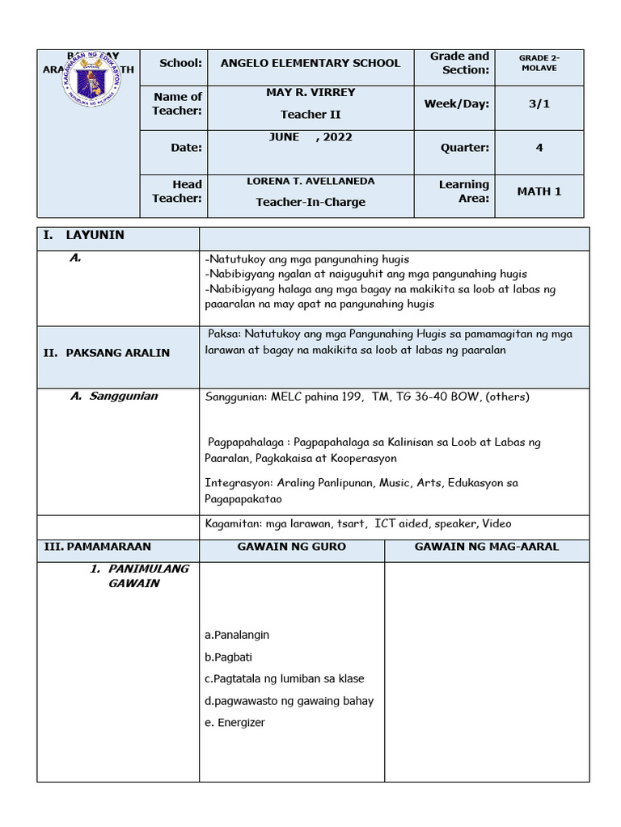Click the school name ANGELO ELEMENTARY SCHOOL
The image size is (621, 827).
tap(310, 63)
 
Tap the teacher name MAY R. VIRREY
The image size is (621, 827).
tap(310, 93)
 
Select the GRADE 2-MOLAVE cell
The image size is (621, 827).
tap(539, 63)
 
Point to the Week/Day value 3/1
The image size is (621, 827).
tap(539, 104)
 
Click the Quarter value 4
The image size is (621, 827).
tap(539, 148)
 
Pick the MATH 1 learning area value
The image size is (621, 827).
tap(539, 191)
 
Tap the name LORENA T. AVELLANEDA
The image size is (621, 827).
tap(310, 182)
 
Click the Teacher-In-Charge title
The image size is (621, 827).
tap(310, 202)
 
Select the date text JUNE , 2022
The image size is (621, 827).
tap(310, 137)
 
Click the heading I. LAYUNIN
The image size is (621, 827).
tap(84, 235)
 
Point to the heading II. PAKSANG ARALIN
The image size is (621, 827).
tap(106, 353)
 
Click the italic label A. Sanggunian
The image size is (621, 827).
tap(114, 397)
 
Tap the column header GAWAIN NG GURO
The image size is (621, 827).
tap(291, 547)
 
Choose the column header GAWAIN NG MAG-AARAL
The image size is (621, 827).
tap(486, 547)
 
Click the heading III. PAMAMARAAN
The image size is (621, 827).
tap(97, 547)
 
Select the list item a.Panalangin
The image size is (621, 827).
tap(237, 636)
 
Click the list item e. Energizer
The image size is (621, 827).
tap(234, 723)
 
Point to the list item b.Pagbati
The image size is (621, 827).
tap(229, 657)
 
